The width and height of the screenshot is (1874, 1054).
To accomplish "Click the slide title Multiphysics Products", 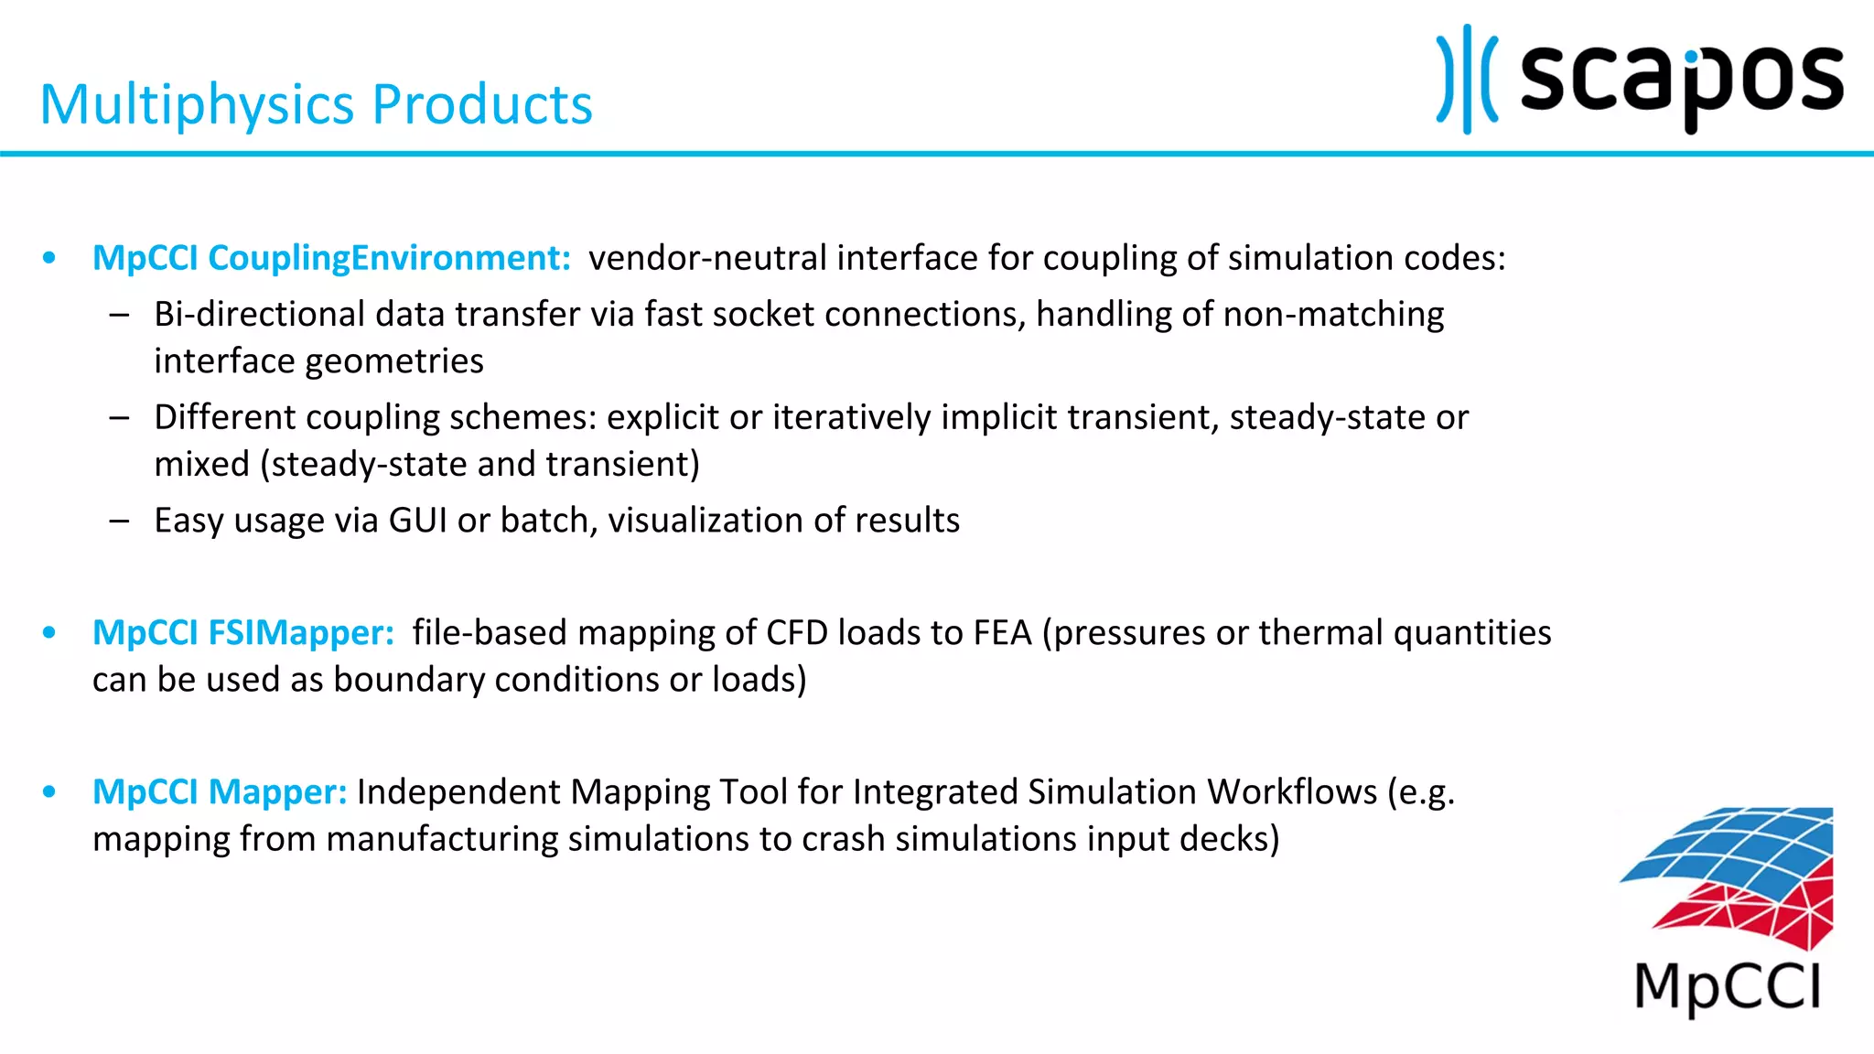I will click(x=316, y=104).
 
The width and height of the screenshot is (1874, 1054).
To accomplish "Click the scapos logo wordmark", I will click(x=1681, y=81).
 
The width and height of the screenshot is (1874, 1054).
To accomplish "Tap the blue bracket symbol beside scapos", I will click(x=1466, y=81).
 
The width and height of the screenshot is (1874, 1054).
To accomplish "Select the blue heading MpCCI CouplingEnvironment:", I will click(x=331, y=258).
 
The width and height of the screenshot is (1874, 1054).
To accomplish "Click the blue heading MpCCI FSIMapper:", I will click(x=242, y=633).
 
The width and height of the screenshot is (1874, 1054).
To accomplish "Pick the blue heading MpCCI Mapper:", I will click(x=220, y=792).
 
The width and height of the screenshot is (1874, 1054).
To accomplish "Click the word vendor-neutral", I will click(x=706, y=258).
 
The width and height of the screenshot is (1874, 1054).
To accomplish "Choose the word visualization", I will click(x=705, y=521).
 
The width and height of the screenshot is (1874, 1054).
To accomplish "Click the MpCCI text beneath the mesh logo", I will click(x=1727, y=988).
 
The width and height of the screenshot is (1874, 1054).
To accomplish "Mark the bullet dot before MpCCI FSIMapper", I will click(x=49, y=633).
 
